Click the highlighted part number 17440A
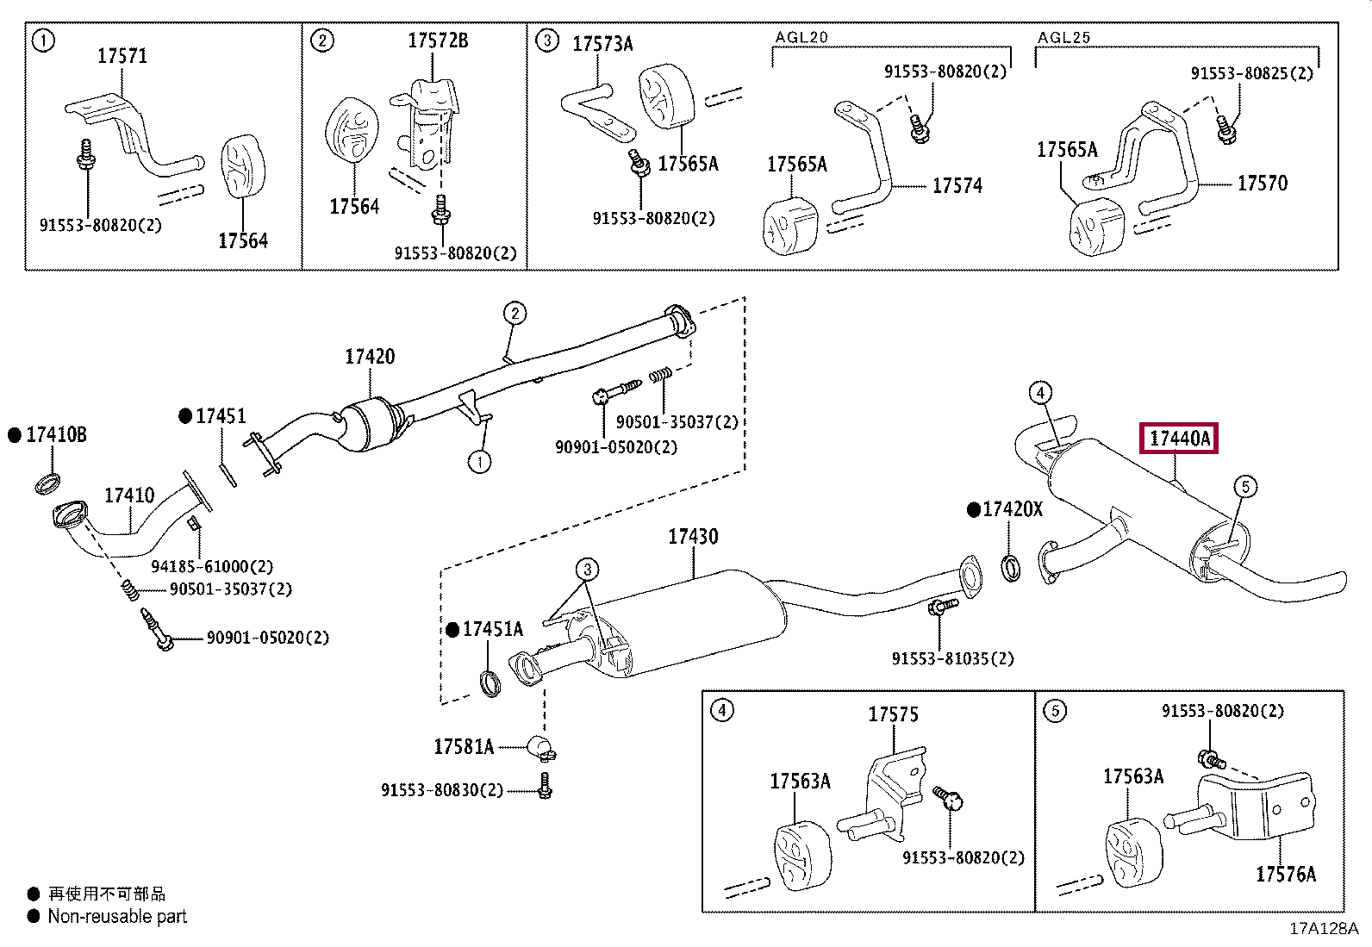[1179, 439]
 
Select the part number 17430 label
[693, 537]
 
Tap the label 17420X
[1013, 509]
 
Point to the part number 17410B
[56, 435]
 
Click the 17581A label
[464, 747]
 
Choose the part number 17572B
[438, 40]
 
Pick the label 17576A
[1286, 874]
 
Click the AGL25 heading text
[1064, 37]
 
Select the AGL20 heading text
[801, 37]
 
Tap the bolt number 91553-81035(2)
[953, 658]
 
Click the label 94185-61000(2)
[212, 566]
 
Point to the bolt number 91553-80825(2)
[1252, 73]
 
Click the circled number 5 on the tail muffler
[1245, 487]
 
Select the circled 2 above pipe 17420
[514, 314]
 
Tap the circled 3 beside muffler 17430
[587, 570]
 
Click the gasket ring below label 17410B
[47, 483]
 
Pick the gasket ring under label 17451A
[490, 683]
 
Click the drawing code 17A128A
[1324, 929]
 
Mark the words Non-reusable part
[117, 916]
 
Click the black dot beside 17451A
[452, 630]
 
